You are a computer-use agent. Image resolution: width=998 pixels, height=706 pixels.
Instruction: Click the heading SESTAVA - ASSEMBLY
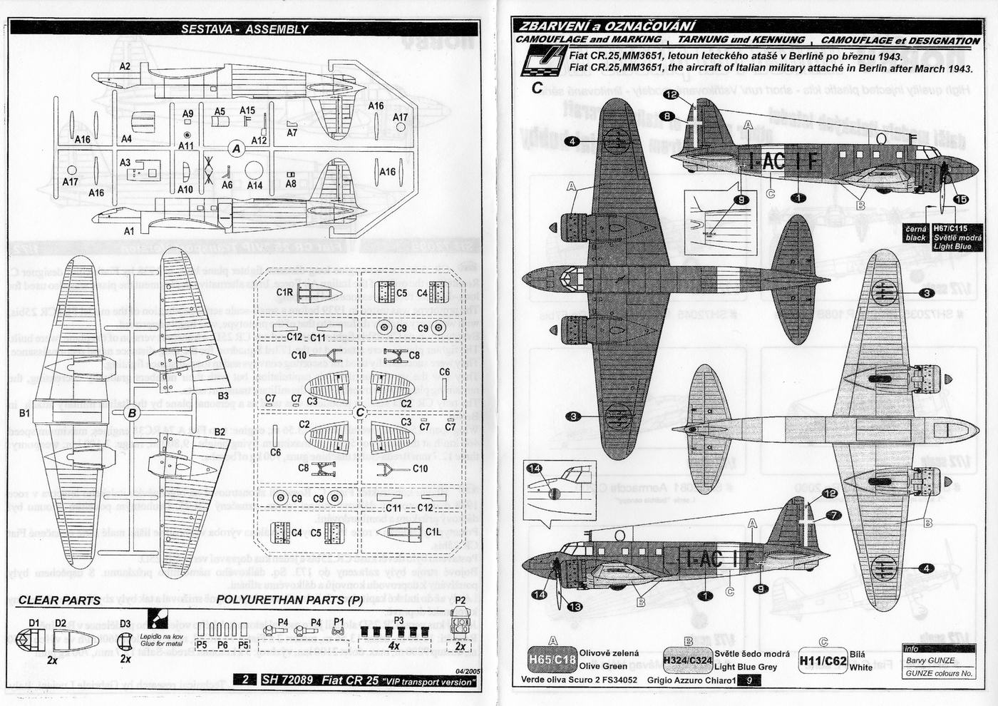point(245,29)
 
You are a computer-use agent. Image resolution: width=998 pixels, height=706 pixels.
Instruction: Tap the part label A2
point(125,66)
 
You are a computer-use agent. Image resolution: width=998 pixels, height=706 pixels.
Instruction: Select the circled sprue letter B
point(132,412)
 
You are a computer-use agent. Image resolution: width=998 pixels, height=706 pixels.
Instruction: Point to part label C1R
point(284,292)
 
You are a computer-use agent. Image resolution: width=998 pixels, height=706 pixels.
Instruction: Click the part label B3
point(223,395)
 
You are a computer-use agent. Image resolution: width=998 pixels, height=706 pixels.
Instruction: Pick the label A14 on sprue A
point(254,185)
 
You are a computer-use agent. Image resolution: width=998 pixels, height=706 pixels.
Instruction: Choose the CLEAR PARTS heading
point(59,600)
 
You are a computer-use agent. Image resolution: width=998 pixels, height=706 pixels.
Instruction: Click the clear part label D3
point(125,623)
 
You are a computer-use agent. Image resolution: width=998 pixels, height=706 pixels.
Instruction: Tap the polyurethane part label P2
point(461,600)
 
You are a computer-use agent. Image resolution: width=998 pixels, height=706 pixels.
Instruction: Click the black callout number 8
point(666,116)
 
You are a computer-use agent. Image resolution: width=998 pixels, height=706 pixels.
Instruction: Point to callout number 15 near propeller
point(960,199)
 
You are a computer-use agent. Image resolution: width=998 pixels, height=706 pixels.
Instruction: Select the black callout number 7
point(833,515)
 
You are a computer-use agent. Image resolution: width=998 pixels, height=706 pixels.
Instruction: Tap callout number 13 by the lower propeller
point(575,606)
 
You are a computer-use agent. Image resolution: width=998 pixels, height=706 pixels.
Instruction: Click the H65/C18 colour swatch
point(551,660)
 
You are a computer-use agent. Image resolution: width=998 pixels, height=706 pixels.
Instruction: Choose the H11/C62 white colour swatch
point(823,661)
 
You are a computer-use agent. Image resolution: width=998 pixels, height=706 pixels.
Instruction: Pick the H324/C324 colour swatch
point(687,660)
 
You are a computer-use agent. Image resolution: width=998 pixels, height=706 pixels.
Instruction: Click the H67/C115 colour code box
point(948,228)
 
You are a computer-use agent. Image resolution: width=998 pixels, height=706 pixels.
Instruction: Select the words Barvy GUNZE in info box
point(930,660)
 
